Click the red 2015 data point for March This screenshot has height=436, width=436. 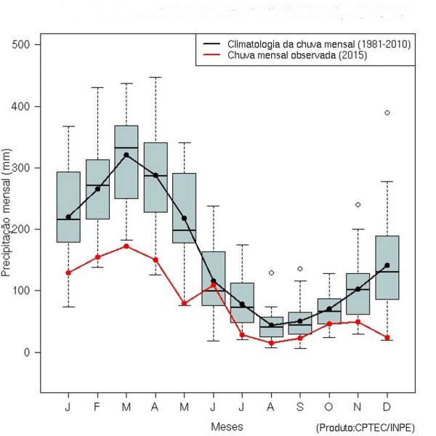pos(126,246)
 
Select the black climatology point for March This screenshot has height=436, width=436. pos(126,155)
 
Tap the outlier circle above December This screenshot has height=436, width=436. pos(387,113)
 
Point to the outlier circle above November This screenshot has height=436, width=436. pos(358,205)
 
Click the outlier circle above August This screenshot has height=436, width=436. pos(271,272)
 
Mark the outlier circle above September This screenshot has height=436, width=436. pos(300,269)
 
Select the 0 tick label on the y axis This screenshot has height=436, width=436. pos(29,352)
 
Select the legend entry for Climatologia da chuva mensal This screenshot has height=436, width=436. pos(318,44)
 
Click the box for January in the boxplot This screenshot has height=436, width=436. pos(68,206)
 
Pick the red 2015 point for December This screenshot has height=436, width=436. pos(387,338)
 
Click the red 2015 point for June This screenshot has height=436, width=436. pos(214,286)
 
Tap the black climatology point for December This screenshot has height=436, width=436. pos(387,265)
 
